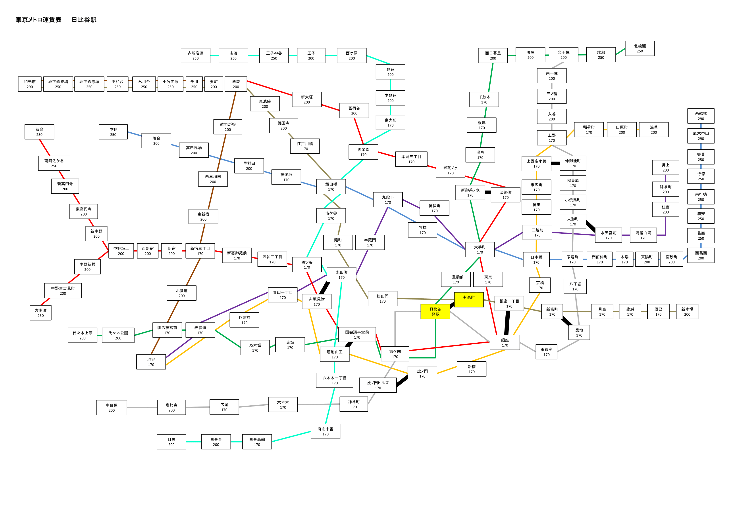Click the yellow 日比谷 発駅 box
435,311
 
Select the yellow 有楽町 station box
469,300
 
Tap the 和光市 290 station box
30,84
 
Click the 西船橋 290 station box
701,116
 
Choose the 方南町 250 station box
40,313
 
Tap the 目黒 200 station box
171,442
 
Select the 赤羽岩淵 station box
195,56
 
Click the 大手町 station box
480,249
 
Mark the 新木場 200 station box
687,311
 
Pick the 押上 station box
666,168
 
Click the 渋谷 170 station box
151,362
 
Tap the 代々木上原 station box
83,336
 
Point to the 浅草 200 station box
654,130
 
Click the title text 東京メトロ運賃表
39,20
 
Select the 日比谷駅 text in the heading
84,20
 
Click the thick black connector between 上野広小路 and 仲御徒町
555,163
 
